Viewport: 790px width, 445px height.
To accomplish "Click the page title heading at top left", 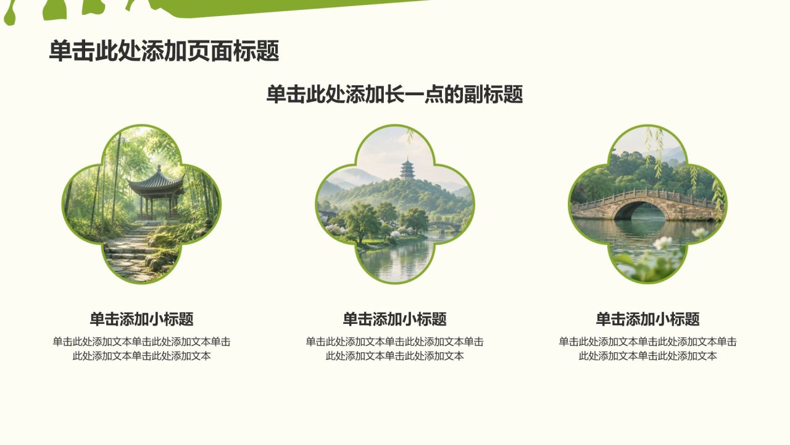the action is coord(164,51).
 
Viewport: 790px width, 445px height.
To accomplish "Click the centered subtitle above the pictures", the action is coord(394,95).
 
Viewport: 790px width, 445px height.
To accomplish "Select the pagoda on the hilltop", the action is coord(407,169).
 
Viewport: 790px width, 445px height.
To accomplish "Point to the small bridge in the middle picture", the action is coord(444,226).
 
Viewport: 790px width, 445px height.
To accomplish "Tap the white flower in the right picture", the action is coord(663,243).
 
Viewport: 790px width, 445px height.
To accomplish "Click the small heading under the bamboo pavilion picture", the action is coord(141,319).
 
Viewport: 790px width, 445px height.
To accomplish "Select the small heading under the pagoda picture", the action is coord(394,319).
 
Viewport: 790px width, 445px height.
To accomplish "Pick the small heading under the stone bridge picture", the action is coord(647,319).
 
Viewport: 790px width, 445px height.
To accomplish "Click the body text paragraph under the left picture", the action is coord(141,349).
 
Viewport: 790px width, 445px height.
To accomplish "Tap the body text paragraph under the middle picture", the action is coord(394,349).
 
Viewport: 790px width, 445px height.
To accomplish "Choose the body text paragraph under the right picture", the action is coord(647,349).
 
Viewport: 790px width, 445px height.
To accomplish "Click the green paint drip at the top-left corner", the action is coord(10,16).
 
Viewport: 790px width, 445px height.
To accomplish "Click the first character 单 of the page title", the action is coord(60,51).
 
